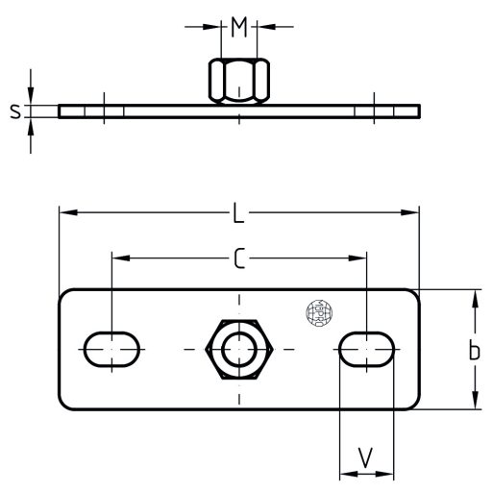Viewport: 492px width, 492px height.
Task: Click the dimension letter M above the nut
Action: [x=239, y=27]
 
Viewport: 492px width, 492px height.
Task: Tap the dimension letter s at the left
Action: [x=14, y=111]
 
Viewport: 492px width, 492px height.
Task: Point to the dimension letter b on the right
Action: [x=474, y=352]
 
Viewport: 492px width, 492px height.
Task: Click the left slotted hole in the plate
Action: [x=113, y=348]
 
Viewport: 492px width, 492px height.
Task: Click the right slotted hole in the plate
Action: [x=367, y=348]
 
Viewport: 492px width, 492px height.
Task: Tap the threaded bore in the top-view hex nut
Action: [x=239, y=348]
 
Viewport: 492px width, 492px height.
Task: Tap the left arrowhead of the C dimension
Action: [x=119, y=258]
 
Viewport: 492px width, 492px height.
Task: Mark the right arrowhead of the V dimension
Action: [x=387, y=473]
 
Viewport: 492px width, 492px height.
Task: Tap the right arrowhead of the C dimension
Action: [x=360, y=258]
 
